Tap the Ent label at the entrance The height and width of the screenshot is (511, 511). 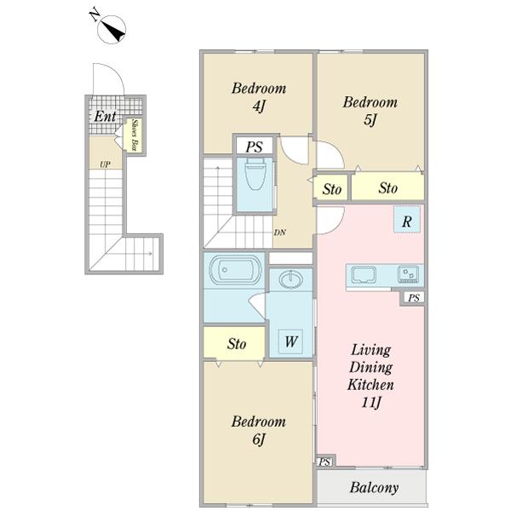point(105,117)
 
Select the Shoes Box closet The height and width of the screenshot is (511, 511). point(134,135)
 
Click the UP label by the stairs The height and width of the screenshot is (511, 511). point(105,164)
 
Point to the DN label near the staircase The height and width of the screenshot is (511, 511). point(279,233)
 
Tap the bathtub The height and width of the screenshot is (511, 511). point(235,270)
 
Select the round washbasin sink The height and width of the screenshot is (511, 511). point(291,279)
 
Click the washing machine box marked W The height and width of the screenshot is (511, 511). point(290,342)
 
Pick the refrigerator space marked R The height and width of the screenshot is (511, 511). point(407,220)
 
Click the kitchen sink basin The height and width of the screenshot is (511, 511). point(364,275)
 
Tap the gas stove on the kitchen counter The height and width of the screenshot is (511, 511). point(408,274)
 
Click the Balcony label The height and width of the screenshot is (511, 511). point(374,488)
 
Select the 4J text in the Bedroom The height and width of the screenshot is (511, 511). point(259,106)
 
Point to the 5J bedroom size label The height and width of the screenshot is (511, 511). point(370,120)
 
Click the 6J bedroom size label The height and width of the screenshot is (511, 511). point(259,439)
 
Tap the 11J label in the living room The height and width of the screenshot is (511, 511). point(370,403)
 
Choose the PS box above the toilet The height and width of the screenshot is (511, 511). point(254,146)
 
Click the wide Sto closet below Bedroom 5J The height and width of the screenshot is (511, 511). point(388,187)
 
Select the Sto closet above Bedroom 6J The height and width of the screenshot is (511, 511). point(234,343)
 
